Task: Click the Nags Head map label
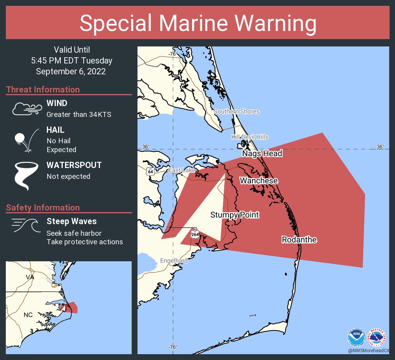[262, 154]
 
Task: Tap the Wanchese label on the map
[258, 181]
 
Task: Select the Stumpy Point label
[235, 215]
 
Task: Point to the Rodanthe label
[299, 240]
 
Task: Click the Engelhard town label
[174, 261]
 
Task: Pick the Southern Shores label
[237, 111]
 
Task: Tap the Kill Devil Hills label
[249, 137]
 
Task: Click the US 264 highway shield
[194, 234]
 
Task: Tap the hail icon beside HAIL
[26, 139]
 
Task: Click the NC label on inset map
[28, 315]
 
